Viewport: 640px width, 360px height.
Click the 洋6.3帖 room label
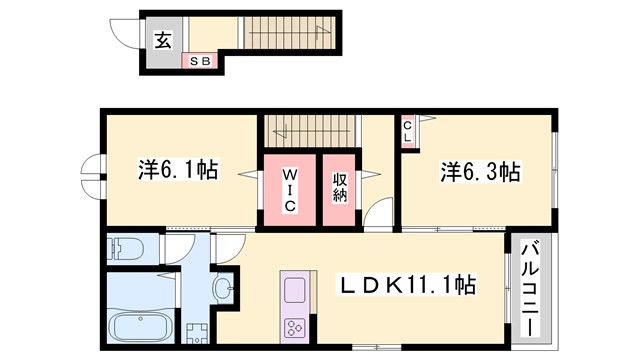(x=479, y=171)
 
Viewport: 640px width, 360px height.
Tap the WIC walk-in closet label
(x=288, y=188)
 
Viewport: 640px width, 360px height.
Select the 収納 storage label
(x=341, y=188)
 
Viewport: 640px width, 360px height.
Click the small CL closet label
(x=409, y=127)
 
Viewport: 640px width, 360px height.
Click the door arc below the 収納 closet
(x=379, y=217)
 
